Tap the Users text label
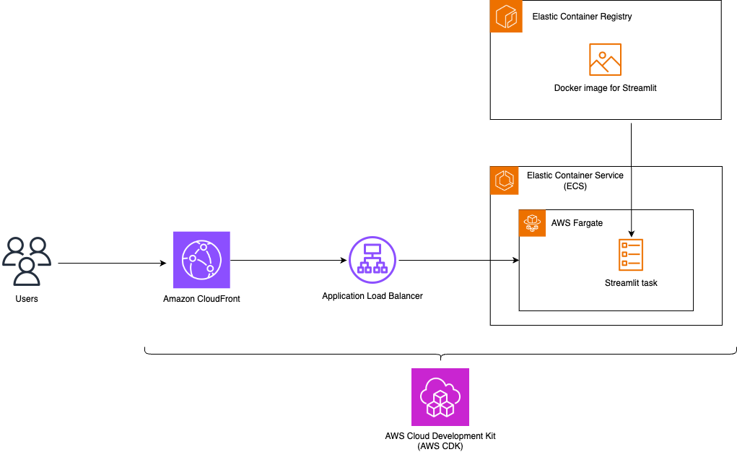(27, 298)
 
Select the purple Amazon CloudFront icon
(201, 260)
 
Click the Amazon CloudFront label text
(201, 298)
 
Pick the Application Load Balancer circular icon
(372, 260)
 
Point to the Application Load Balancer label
(372, 296)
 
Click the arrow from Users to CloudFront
(112, 264)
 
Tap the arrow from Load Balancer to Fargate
(458, 260)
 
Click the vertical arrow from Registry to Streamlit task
(632, 181)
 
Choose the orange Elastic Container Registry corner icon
(506, 17)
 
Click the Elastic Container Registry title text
(582, 17)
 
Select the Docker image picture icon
(605, 60)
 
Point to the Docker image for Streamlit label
(605, 88)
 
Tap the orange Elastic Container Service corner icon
(505, 181)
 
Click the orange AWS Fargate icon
(533, 223)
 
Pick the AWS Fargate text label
(577, 223)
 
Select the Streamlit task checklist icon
(631, 255)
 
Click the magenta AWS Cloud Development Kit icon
(440, 397)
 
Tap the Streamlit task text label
(631, 283)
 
